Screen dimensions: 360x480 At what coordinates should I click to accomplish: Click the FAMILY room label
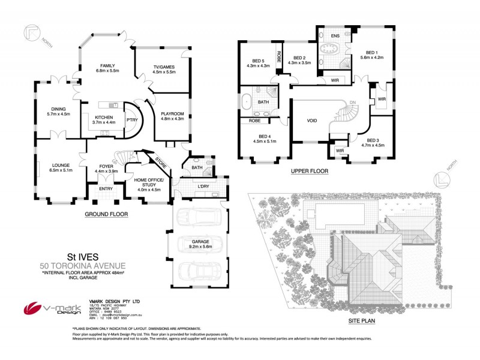coord(108,66)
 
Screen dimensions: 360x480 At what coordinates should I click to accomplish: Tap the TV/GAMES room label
coord(164,66)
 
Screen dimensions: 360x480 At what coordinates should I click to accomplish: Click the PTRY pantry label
coord(131,119)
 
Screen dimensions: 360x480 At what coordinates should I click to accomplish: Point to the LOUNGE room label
coord(61,165)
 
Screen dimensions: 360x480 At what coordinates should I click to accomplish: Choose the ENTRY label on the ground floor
coord(106,189)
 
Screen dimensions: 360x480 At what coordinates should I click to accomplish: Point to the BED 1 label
coord(371,52)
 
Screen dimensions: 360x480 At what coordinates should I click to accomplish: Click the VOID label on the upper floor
coord(311,119)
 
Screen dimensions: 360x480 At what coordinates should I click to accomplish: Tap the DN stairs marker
coord(352,101)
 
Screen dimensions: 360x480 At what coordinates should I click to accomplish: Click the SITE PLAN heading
coord(362,321)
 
